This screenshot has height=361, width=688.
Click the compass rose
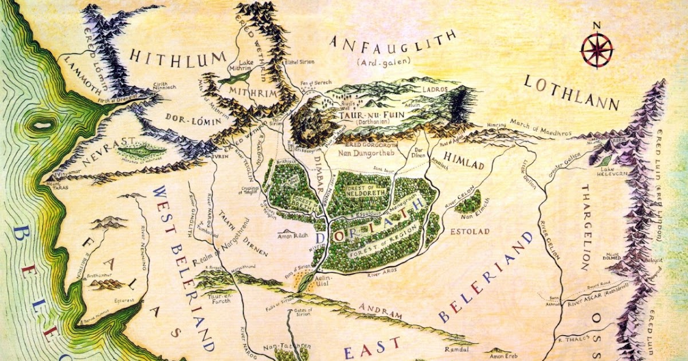coord(596,50)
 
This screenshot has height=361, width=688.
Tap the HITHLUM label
coord(178,57)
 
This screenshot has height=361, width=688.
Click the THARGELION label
coord(585,227)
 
